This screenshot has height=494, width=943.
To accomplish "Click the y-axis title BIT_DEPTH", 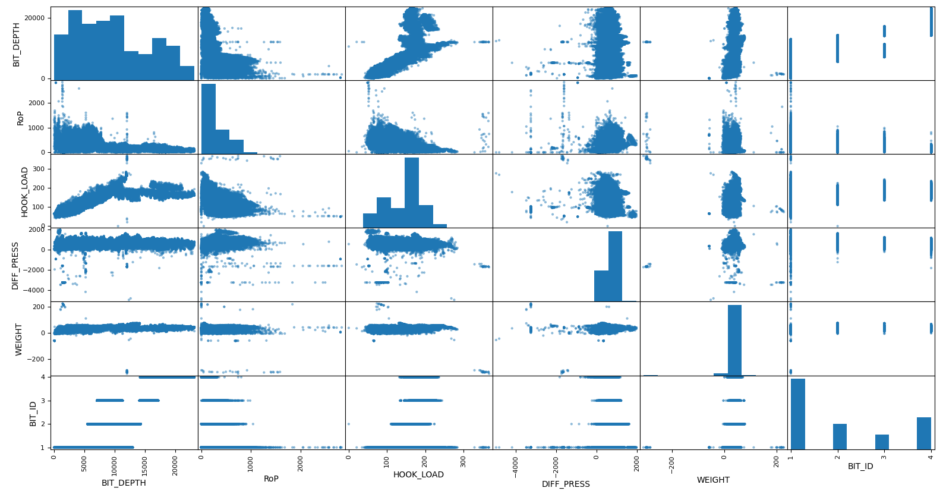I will tap(17, 44).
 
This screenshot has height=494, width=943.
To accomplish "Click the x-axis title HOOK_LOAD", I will tap(418, 474).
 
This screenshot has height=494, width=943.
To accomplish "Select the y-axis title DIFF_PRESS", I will tap(15, 265).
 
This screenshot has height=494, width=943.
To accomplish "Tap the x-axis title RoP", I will tap(271, 479).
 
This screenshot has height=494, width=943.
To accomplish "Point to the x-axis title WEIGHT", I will tap(713, 480).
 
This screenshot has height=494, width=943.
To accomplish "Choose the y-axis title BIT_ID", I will tap(33, 413).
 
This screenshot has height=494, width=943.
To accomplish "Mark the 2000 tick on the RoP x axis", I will tap(301, 463).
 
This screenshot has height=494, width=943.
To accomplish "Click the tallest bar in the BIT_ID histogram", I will tap(797, 414).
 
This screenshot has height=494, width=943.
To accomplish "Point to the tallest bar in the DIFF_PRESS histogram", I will tap(615, 266).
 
